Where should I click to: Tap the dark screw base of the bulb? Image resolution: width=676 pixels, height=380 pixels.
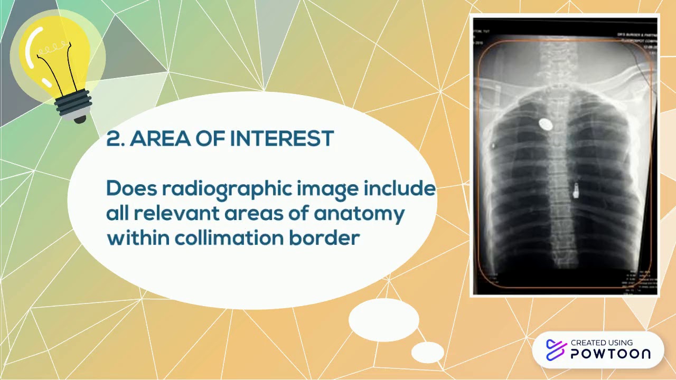[74, 106]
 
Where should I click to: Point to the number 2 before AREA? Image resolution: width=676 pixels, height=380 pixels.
[114, 139]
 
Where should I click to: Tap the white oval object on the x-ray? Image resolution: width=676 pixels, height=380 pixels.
[546, 125]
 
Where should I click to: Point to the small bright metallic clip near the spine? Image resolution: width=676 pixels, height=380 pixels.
[576, 189]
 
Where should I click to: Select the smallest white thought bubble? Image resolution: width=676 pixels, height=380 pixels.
[427, 352]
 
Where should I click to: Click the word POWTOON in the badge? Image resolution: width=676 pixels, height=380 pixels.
[610, 354]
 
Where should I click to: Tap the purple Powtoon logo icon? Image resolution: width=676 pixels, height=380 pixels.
[556, 350]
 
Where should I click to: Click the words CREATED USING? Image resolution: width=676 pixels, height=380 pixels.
[602, 343]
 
